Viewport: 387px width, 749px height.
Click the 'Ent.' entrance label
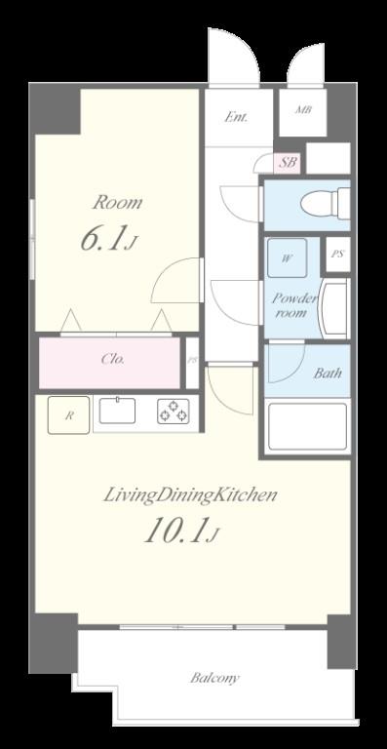coord(236,117)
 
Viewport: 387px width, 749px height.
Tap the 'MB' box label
coord(303,110)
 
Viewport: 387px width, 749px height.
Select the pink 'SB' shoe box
coord(288,163)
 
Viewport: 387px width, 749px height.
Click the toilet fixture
coord(326,204)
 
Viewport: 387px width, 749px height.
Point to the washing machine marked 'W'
coord(287,257)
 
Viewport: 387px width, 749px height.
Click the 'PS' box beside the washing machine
coord(338,255)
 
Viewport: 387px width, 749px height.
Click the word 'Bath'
coord(328,374)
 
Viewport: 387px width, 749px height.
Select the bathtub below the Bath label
coord(307,426)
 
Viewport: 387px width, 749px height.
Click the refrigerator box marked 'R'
coord(68,415)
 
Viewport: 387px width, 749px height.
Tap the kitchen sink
coord(117,411)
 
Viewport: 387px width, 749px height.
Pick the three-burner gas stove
coord(174,412)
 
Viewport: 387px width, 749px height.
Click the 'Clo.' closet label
coord(113,359)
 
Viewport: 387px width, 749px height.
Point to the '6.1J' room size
coord(109,240)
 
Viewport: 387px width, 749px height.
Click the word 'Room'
coord(117,203)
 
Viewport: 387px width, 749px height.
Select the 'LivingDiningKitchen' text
coord(190,495)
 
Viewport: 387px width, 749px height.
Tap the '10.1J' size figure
coord(182,531)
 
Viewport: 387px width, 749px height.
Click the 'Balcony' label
coord(214,678)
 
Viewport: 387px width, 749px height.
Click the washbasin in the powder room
coord(334,309)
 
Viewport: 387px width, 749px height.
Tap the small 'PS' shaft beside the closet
coord(192,363)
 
